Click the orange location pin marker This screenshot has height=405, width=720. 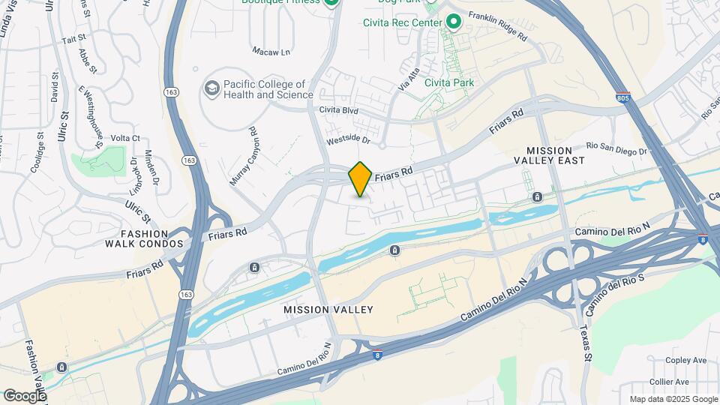[360, 178]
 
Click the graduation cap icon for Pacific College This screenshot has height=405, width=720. [211, 90]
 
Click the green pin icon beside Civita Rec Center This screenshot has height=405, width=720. [453, 22]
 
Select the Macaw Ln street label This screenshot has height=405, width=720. [271, 52]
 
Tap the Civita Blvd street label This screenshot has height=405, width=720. [339, 110]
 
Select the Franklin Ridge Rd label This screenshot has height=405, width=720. [498, 25]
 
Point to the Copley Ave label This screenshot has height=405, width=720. [688, 361]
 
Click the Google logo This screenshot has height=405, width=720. [25, 395]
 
